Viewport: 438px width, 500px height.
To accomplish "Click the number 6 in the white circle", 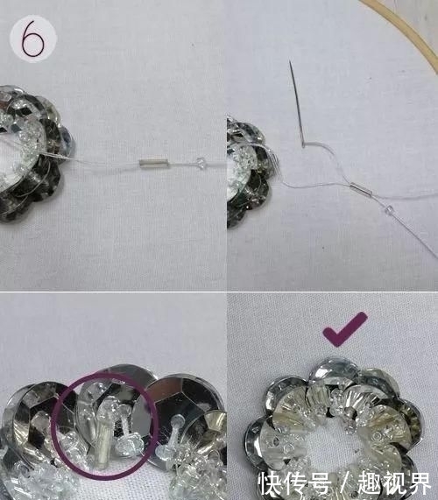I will coord(34,39).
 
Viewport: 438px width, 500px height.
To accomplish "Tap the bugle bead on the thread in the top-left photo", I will coord(152,163).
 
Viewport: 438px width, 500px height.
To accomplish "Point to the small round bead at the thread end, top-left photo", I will coord(202,162).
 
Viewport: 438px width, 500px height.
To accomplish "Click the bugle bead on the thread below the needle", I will coord(361,186).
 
